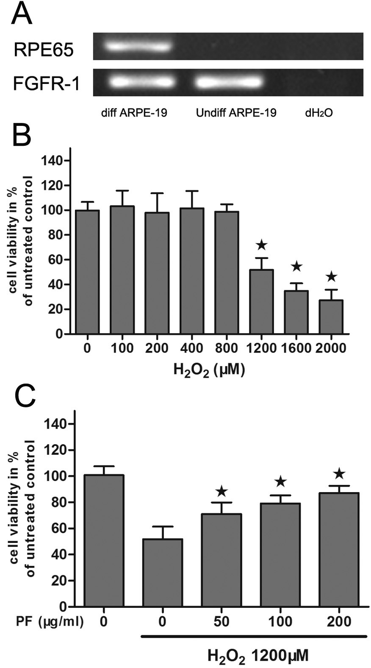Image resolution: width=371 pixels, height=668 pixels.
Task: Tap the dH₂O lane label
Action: [x=318, y=113]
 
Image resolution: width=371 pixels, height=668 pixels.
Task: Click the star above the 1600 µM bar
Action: [x=296, y=267]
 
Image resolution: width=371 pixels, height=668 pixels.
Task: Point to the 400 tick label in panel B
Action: [x=192, y=348]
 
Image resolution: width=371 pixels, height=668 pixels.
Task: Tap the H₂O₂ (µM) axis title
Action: [x=209, y=370]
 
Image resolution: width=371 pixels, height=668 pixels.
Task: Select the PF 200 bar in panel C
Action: [x=339, y=549]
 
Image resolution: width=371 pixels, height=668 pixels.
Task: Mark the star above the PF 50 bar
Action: [x=221, y=492]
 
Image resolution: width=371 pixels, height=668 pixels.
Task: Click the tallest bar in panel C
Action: [x=104, y=540]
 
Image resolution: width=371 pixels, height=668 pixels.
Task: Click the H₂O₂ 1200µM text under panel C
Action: [x=257, y=656]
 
